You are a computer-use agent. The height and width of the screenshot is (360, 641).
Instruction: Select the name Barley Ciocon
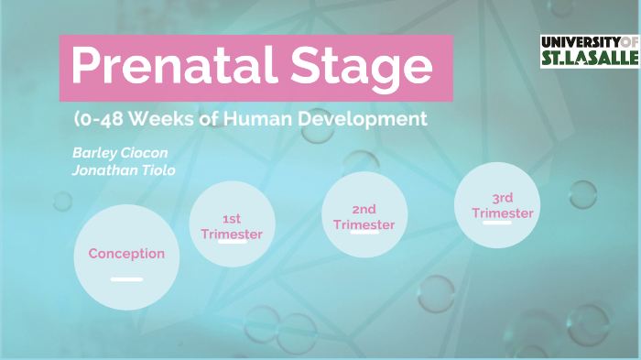click(x=120, y=152)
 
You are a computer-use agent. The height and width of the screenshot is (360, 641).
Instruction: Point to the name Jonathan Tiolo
click(x=124, y=169)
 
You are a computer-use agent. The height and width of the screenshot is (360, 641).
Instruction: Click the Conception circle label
click(x=126, y=254)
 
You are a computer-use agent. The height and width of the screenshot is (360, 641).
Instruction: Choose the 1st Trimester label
click(x=232, y=226)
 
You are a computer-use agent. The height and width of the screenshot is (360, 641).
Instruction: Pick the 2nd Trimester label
click(x=364, y=217)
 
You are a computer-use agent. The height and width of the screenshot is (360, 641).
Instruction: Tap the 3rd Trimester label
click(x=503, y=206)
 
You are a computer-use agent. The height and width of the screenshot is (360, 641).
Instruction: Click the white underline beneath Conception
click(x=126, y=278)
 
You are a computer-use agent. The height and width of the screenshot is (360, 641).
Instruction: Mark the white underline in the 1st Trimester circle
click(x=232, y=244)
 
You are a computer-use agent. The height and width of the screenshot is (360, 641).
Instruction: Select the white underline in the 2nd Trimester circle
click(x=364, y=233)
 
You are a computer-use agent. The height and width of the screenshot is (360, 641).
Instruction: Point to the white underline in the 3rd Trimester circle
click(x=496, y=222)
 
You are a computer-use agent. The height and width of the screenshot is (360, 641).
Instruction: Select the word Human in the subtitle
click(x=252, y=119)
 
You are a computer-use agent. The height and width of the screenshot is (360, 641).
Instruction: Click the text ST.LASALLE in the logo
click(x=588, y=59)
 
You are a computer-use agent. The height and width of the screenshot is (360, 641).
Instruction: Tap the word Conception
click(x=126, y=254)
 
